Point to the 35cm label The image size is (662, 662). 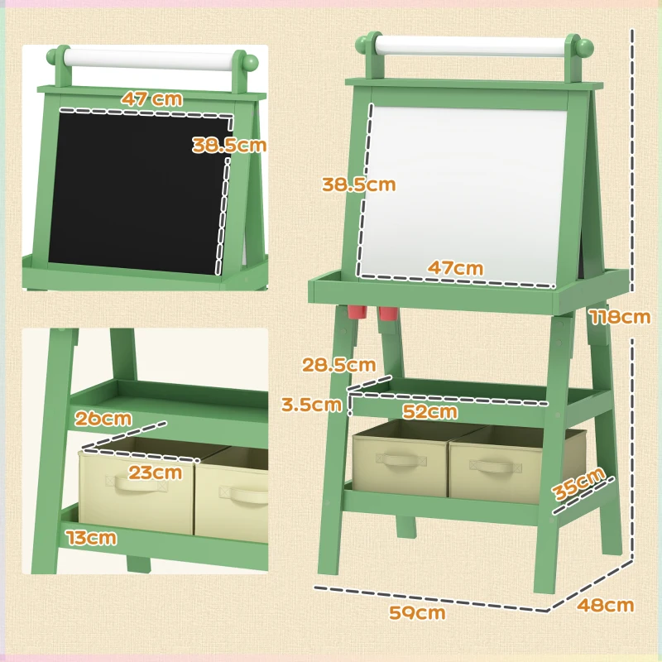579,484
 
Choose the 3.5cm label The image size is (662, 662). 311,405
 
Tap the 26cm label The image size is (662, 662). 103,418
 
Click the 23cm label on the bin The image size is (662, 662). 156,473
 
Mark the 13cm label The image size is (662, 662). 92,539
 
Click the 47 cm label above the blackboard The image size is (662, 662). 151,98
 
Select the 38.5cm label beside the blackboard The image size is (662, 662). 229,145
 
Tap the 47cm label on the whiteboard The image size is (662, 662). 455,268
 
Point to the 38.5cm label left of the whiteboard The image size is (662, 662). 359,185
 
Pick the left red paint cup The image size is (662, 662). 357,312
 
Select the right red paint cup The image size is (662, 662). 387,314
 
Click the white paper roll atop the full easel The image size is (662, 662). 471,46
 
